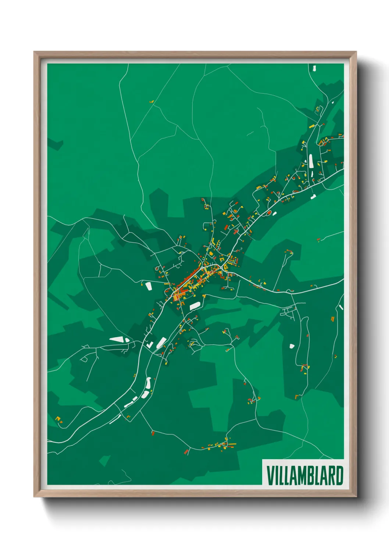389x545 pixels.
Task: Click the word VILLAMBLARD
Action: point(304,475)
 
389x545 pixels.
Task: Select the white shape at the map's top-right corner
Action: point(314,68)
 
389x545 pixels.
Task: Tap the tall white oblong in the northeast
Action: point(311,161)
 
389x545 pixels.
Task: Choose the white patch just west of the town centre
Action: point(149,286)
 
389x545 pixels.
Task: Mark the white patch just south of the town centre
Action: point(194,305)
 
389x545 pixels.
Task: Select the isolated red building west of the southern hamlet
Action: point(186,451)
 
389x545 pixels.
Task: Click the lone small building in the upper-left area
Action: point(151,102)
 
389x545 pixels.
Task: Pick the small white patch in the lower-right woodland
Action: point(292,346)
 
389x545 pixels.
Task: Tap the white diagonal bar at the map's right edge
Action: point(341,307)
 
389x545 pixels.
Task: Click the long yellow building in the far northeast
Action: point(311,126)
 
